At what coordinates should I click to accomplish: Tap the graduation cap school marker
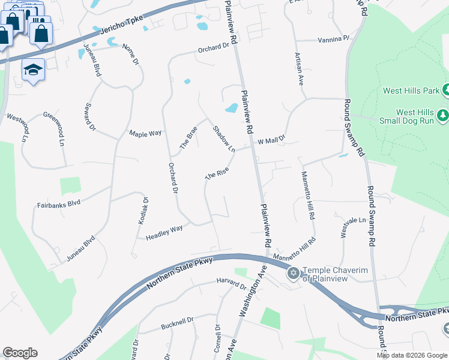click(34, 70)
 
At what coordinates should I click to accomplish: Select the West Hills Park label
click(411, 91)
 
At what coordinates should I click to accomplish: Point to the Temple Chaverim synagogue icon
click(294, 274)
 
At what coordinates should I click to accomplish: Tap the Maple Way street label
click(145, 133)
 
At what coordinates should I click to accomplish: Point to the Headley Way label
click(164, 233)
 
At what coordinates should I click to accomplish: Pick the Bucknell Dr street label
click(178, 325)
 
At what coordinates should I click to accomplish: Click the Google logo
click(20, 353)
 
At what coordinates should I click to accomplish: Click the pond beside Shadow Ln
click(231, 109)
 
